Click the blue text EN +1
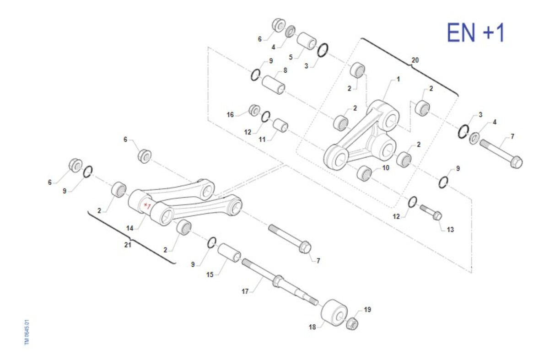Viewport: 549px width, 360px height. click(x=475, y=32)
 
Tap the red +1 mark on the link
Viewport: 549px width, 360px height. click(x=147, y=205)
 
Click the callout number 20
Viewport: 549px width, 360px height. click(x=415, y=60)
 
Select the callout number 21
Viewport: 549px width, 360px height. click(x=128, y=245)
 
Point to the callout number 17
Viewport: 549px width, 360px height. click(x=245, y=291)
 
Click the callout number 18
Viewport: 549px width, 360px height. click(x=312, y=327)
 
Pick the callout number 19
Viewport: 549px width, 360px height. click(x=367, y=310)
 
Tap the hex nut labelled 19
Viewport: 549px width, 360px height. click(x=352, y=323)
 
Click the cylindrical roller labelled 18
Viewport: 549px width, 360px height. click(x=334, y=313)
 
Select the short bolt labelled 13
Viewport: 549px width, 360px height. click(x=431, y=212)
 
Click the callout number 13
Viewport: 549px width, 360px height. click(x=451, y=230)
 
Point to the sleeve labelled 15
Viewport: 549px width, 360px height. click(x=229, y=253)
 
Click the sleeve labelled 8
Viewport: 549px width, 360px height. click(x=273, y=85)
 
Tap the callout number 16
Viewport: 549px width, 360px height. click(x=230, y=115)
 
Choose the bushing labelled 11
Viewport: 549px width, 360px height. click(x=280, y=125)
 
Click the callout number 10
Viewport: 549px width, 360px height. click(x=386, y=168)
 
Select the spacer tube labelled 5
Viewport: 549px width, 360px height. click(x=307, y=41)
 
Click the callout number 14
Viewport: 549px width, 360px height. click(x=129, y=228)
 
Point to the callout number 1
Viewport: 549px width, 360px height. click(x=398, y=79)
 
